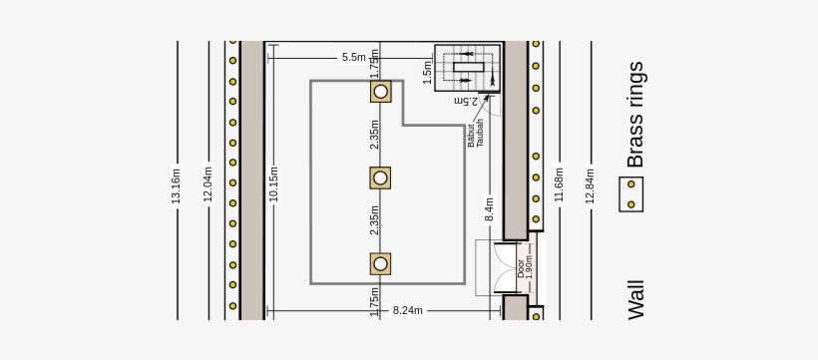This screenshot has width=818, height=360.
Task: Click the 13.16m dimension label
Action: pos(177,185)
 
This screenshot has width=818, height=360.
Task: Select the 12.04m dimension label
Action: pos(208,183)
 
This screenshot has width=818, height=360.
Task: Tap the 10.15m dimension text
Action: pos(273,184)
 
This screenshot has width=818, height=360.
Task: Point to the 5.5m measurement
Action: pos(353,58)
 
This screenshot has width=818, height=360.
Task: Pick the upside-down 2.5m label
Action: pos(466,100)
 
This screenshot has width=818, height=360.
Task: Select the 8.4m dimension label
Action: pos(490,208)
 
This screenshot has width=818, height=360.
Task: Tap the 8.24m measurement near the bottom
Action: pos(407,310)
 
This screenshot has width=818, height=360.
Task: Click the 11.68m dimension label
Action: pos(559,183)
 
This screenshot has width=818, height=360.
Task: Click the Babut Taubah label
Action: pos(476,133)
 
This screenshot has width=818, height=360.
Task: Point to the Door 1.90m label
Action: pos(525,267)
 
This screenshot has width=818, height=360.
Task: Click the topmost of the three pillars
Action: pos(380,92)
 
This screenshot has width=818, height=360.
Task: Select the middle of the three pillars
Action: pos(380,178)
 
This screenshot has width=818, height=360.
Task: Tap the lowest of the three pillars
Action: pos(380,263)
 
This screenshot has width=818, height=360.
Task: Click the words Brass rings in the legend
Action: pos(635,115)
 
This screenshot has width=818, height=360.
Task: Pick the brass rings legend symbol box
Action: pos(630,193)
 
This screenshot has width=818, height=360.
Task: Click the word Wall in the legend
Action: pos(636,299)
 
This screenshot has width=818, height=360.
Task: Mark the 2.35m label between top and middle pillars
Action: pos(375,135)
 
